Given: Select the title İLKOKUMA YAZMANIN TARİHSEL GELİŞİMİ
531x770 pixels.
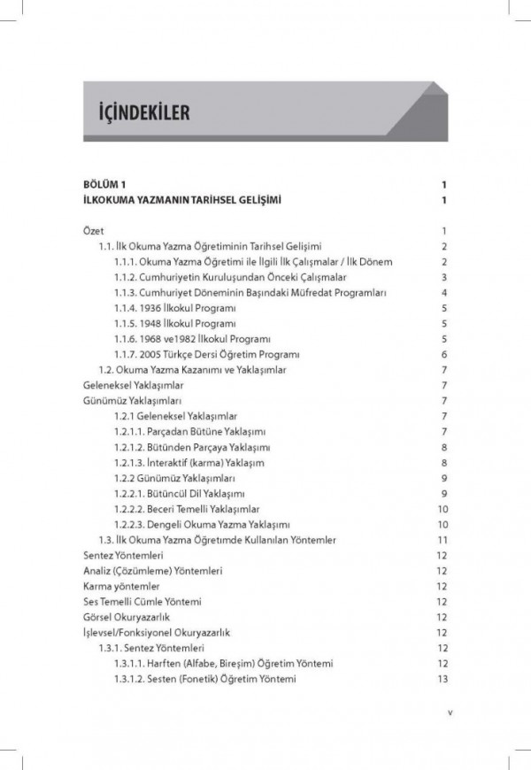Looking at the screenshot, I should pos(181,201).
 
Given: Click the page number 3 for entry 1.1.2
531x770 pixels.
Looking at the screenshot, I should pos(440,276).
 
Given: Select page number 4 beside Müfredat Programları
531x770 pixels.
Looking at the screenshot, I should pos(440,292).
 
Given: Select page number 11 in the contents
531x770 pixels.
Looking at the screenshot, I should pos(438,540).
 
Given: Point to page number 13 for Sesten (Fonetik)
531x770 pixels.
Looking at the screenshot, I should pos(438,679).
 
